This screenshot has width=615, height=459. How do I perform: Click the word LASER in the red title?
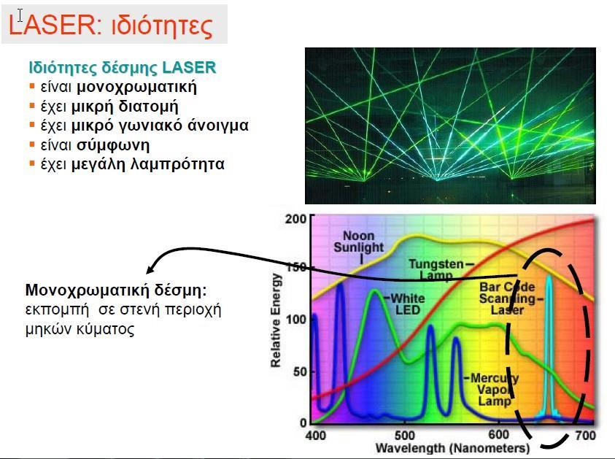click(51, 24)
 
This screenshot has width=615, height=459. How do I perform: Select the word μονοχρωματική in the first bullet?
click(136, 87)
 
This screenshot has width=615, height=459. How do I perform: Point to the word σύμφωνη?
click(113, 145)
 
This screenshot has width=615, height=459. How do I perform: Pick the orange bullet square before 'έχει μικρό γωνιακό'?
click(32, 125)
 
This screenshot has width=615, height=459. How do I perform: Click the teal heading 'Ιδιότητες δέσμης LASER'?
click(123, 67)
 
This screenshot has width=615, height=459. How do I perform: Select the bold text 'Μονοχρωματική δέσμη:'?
click(116, 290)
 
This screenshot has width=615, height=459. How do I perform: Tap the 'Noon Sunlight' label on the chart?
click(358, 242)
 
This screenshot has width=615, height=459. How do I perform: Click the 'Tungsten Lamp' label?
click(436, 269)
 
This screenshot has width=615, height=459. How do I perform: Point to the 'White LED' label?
click(408, 304)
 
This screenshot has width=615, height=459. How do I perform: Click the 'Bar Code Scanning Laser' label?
click(508, 298)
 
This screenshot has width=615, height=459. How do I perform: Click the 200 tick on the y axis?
click(295, 219)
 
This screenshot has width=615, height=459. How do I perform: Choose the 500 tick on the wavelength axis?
click(404, 435)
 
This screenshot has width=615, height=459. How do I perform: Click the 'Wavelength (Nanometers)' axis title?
click(452, 448)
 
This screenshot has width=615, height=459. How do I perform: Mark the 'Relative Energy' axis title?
click(276, 320)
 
